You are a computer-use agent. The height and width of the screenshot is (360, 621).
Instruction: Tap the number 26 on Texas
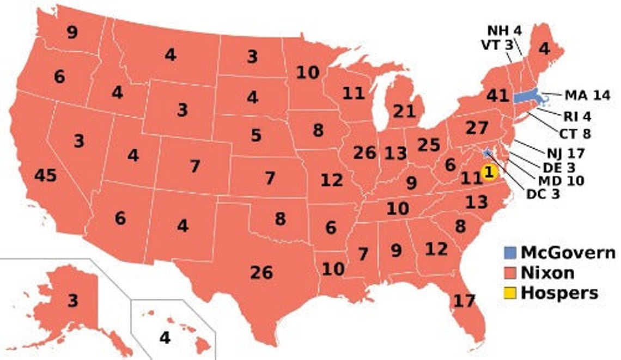click(261, 272)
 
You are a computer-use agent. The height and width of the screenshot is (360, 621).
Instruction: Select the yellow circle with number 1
click(489, 172)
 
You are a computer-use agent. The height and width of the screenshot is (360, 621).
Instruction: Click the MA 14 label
click(587, 95)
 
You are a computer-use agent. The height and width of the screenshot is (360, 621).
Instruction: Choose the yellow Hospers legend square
click(508, 292)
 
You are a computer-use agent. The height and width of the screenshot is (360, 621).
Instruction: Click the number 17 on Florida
click(464, 300)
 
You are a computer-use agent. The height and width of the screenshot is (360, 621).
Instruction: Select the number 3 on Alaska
click(72, 301)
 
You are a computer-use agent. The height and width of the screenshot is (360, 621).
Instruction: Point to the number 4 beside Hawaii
click(165, 338)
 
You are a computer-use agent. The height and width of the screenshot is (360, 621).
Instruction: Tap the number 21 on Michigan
click(404, 112)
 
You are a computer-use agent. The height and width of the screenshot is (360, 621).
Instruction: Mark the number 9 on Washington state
click(72, 33)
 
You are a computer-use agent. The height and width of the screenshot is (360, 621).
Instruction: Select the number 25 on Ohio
click(429, 145)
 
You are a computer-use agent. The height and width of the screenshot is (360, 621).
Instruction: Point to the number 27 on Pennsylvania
click(477, 129)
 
